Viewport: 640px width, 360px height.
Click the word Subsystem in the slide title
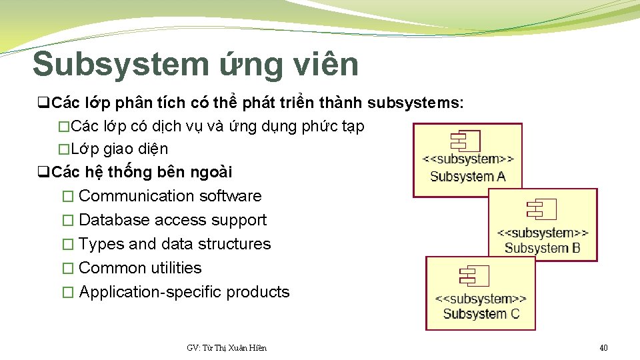(x=121, y=65)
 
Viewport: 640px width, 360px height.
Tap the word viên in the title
(x=323, y=65)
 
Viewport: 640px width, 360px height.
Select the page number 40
(x=603, y=347)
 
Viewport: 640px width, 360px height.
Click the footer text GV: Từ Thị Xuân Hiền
(x=227, y=347)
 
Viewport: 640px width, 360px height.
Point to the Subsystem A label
(x=467, y=177)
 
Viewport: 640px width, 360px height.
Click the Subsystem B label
(x=542, y=249)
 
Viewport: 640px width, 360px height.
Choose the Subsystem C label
(x=481, y=313)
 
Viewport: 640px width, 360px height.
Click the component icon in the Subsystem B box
(x=537, y=209)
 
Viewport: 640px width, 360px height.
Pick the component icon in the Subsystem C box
(x=474, y=276)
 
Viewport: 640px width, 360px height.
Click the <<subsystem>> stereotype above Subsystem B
(x=543, y=233)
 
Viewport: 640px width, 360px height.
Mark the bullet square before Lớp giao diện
(x=63, y=149)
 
